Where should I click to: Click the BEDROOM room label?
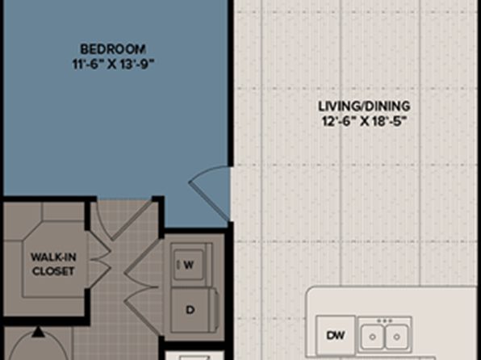[x=113, y=49]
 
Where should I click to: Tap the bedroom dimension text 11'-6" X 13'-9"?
[x=113, y=65]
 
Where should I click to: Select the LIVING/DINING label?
[x=364, y=107]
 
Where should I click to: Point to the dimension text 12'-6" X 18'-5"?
[x=364, y=122]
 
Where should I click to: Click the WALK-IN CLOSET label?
[x=53, y=264]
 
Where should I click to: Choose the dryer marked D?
[x=193, y=310]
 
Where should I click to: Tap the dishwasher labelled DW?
[x=336, y=335]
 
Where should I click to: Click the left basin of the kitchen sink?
[x=372, y=337]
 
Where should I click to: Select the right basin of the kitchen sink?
[x=396, y=337]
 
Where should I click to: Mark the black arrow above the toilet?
[x=38, y=332]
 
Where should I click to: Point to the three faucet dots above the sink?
[x=385, y=320]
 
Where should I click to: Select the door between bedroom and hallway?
[x=124, y=220]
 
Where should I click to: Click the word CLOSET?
[x=53, y=271]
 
